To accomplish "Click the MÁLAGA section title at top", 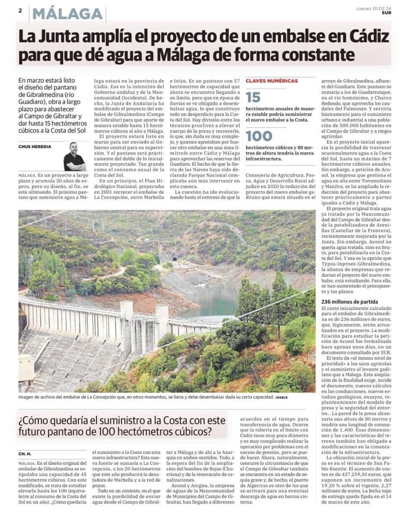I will coord(68,14).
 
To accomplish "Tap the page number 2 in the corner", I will coord(20,11).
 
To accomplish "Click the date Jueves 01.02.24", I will coord(373,9).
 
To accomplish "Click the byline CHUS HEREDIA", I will coord(35,147).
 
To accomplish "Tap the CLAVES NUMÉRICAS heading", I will coord(271,81).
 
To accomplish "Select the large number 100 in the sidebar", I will coord(259,136).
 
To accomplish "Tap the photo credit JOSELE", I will coord(281,397).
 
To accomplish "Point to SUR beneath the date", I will coord(386,13).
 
